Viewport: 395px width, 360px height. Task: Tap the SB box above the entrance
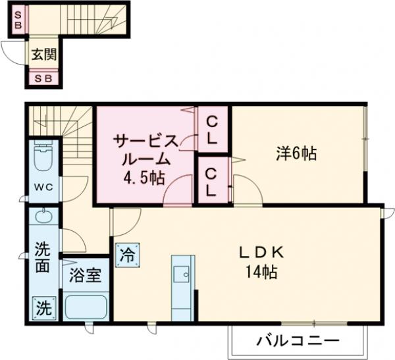click(18, 20)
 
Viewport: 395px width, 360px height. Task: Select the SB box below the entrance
click(43, 79)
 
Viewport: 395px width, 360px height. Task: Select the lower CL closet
click(212, 180)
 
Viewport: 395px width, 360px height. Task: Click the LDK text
click(260, 251)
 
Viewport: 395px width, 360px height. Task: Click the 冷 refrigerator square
click(126, 255)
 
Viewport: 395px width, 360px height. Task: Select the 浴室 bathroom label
click(86, 274)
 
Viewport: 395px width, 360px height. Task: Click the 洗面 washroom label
click(42, 259)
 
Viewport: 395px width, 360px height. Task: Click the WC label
click(43, 186)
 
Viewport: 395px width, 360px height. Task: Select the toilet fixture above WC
click(44, 158)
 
